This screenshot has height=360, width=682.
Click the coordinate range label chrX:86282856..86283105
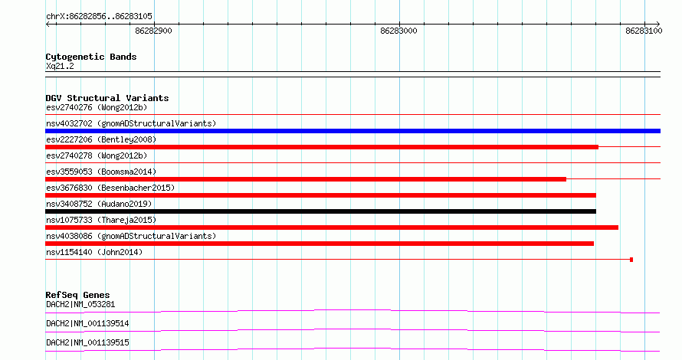coord(99,17)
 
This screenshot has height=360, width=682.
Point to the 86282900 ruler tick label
coord(153,31)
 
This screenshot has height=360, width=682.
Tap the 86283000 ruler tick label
coord(398,31)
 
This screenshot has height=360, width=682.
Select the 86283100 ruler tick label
coord(644,31)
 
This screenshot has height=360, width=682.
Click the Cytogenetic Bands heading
coord(91,57)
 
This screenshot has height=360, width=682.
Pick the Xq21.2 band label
coord(60,66)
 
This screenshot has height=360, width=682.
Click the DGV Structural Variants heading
coord(107,98)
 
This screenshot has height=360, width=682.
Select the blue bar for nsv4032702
coord(352,131)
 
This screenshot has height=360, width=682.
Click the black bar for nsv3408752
coord(320,211)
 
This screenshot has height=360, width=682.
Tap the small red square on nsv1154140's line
coord(631,260)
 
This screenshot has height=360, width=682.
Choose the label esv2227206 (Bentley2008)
coord(101,139)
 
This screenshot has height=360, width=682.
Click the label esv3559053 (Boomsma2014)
coord(101,172)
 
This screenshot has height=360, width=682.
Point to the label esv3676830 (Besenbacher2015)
coord(110,188)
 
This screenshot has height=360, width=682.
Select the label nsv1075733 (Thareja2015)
coord(101,220)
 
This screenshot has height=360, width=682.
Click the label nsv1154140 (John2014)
coord(94,252)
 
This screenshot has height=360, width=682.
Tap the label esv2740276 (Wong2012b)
coord(97,107)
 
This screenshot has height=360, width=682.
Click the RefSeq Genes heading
coord(77,295)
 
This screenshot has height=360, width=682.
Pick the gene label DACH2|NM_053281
coord(80,304)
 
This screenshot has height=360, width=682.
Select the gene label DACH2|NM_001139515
coord(87,342)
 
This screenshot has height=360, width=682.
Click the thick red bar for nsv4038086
coord(320,244)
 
